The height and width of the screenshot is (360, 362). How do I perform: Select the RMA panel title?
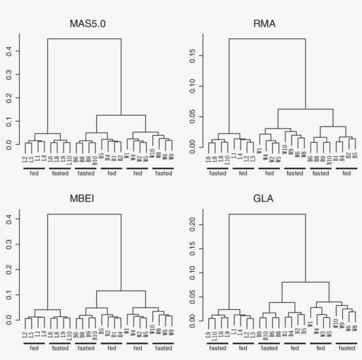pyautogui.click(x=264, y=24)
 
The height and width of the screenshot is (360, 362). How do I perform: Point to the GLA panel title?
pyautogui.click(x=264, y=198)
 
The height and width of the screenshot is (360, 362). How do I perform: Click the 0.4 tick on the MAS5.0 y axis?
pyautogui.click(x=17, y=51)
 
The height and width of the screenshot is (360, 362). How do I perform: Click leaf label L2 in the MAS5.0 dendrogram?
pyautogui.click(x=26, y=158)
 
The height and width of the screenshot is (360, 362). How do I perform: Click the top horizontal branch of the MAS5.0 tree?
pyautogui.click(x=84, y=39)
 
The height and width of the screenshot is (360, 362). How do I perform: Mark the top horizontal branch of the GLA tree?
pyautogui.click(x=267, y=214)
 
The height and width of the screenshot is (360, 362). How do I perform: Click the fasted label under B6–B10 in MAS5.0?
pyautogui.click(x=86, y=174)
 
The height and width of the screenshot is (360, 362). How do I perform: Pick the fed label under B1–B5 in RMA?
pyautogui.click(x=346, y=174)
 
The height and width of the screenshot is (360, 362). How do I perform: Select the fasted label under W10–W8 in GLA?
pyautogui.click(x=347, y=348)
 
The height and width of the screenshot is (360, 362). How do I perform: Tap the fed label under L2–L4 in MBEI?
pyautogui.click(x=34, y=348)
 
